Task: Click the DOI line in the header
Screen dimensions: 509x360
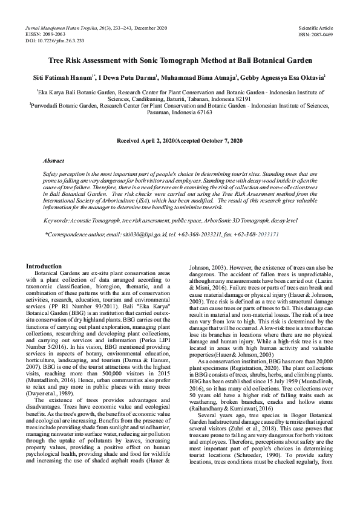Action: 54,41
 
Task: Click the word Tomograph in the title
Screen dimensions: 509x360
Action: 182,61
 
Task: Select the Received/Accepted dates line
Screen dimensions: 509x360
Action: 180,141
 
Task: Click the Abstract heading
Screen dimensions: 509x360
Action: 53,161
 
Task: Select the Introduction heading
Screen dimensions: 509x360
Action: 44,266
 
